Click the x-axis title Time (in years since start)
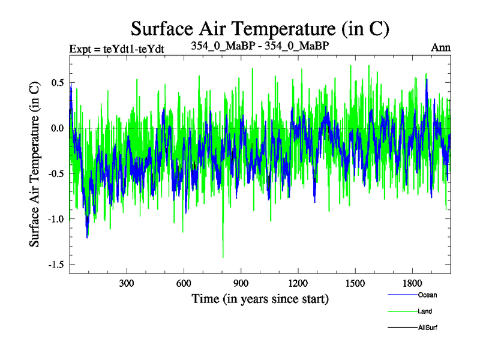point(260,298)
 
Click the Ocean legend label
point(427,295)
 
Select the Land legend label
point(425,311)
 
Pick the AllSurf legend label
point(428,328)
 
